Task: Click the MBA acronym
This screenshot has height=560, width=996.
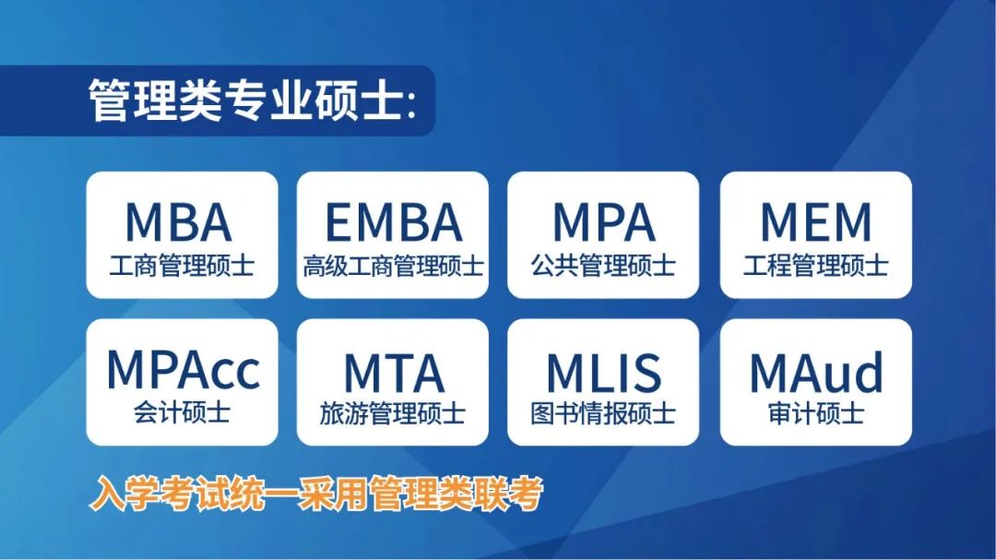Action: point(179,221)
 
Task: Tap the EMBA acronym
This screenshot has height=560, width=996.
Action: point(393,221)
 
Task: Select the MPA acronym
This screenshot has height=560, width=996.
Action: point(603,221)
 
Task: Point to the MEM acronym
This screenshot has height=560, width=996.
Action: point(815,221)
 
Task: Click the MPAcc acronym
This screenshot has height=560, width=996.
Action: point(183,370)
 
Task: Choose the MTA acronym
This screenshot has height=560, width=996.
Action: point(393,373)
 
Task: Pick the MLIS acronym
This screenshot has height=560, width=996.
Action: point(603,373)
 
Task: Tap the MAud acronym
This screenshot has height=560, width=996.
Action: point(816,372)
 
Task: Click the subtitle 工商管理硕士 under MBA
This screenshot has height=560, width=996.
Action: point(182,266)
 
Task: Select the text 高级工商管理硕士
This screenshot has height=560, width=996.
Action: point(393,266)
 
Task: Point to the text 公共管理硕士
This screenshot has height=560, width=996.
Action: point(603,266)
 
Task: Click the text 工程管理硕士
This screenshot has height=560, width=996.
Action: point(815,266)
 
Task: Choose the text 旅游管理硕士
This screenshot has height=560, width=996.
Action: point(393,413)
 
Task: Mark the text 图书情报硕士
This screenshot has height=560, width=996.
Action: point(603,413)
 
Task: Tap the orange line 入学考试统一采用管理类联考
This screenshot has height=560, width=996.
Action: point(315,494)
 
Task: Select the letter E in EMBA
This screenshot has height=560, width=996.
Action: point(338,221)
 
